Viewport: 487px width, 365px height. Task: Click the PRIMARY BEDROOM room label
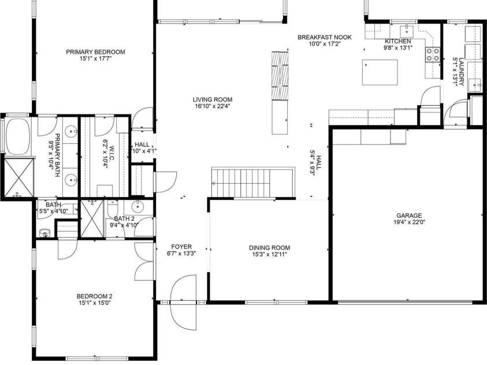click(x=95, y=52)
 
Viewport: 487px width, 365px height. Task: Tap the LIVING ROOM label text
click(x=213, y=99)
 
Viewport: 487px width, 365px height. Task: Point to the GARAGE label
click(x=408, y=214)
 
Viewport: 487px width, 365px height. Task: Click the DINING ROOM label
click(x=269, y=247)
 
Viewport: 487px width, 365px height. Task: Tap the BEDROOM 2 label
click(x=95, y=296)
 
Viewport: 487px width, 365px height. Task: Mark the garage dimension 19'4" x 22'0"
click(x=408, y=221)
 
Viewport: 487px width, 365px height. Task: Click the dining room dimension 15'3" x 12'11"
click(x=269, y=254)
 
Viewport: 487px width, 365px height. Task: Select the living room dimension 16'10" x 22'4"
click(x=213, y=106)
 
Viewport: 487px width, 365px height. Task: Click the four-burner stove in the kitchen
click(x=432, y=54)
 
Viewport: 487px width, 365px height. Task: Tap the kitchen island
click(x=379, y=72)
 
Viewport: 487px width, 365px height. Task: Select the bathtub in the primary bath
click(x=18, y=137)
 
